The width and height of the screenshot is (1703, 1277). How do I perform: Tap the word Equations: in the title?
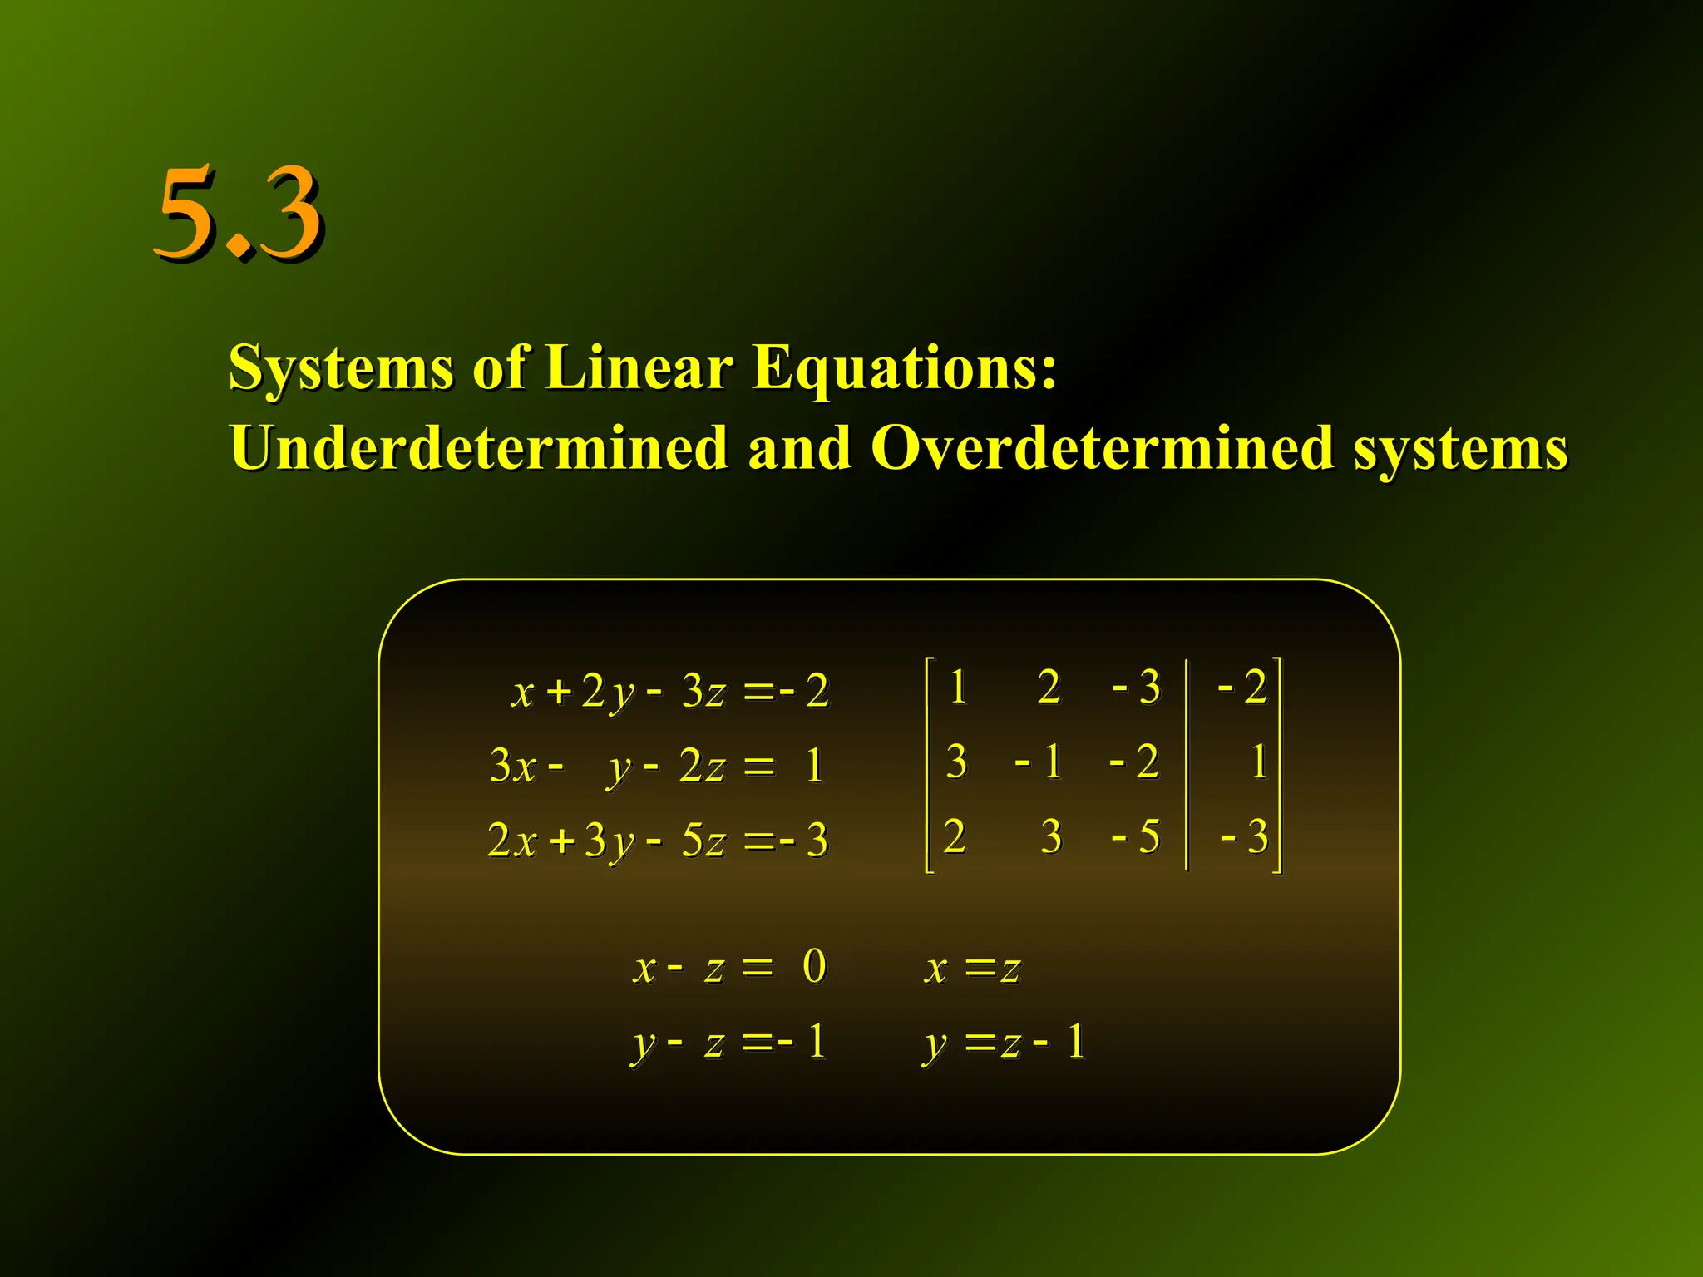tap(905, 368)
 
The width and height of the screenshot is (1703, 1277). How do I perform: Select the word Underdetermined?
tap(478, 447)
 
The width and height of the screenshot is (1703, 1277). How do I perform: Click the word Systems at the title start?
tap(341, 368)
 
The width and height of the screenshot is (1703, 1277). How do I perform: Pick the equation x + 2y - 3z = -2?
tap(670, 691)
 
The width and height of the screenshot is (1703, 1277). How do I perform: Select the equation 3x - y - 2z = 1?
tap(657, 765)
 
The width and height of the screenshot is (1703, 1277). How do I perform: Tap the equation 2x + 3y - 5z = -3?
tap(658, 840)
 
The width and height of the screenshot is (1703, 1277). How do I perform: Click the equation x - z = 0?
tap(729, 967)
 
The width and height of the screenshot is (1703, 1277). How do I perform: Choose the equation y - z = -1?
tap(728, 1042)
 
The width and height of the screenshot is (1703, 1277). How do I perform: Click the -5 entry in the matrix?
tap(1136, 836)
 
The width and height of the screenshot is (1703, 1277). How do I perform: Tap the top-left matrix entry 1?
tap(958, 688)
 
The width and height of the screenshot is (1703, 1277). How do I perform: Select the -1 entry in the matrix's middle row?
tap(1039, 762)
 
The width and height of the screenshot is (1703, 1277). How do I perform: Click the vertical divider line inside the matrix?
tap(1187, 765)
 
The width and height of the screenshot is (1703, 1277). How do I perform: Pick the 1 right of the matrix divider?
tap(1259, 762)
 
